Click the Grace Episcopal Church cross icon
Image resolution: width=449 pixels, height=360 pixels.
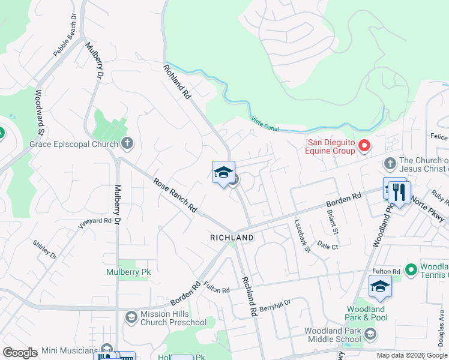click(x=127, y=143)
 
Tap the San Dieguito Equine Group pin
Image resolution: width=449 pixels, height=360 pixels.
click(x=364, y=146)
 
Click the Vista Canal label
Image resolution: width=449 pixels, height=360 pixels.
click(x=266, y=122)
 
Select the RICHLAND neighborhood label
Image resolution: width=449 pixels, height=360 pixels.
click(x=232, y=238)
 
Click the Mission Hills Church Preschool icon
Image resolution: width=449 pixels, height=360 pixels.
click(x=131, y=316)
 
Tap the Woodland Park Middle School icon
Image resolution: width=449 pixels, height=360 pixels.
click(x=370, y=334)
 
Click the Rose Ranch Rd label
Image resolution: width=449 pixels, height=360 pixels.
click(x=175, y=194)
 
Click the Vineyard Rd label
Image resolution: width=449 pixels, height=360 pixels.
click(x=94, y=224)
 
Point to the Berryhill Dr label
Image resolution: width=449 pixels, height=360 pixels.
click(x=275, y=304)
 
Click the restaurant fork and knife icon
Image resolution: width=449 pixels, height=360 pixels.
click(x=399, y=192)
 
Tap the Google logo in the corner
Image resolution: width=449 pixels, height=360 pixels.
click(x=20, y=353)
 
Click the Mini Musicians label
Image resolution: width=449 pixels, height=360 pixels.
click(x=69, y=350)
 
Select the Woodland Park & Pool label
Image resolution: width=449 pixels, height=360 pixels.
click(x=366, y=313)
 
